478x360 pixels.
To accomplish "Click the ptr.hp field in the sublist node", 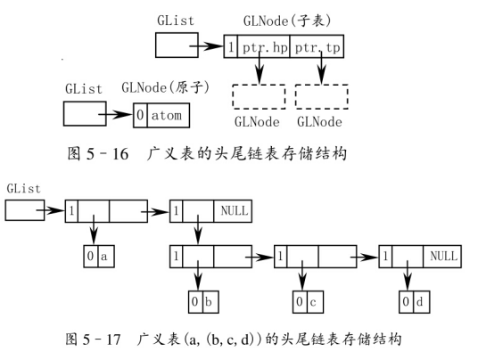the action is tap(264, 46).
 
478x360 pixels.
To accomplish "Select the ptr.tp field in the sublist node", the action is tap(317, 46).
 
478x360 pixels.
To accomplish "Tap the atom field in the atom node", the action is tap(169, 115).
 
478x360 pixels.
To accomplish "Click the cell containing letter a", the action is tap(106, 256).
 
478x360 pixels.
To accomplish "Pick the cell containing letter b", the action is tap(210, 302).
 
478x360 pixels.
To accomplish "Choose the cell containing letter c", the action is tap(315, 302).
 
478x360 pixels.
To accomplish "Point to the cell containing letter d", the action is tap(421, 302).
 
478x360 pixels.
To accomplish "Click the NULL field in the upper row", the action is tap(233, 211).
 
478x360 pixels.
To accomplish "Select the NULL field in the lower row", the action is tap(442, 257).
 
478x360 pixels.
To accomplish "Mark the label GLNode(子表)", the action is tap(287, 21).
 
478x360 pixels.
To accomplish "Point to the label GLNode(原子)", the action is tap(166, 87).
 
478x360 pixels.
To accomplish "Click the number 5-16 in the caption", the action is tap(107, 153).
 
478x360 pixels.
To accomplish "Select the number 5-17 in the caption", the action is tap(103, 339).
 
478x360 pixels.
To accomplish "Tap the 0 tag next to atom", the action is tap(140, 115).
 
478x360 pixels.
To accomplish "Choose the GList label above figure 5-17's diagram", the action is tap(23, 189).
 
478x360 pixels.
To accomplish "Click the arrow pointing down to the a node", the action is tap(94, 230).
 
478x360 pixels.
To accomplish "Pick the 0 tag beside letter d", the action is tap(407, 302).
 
